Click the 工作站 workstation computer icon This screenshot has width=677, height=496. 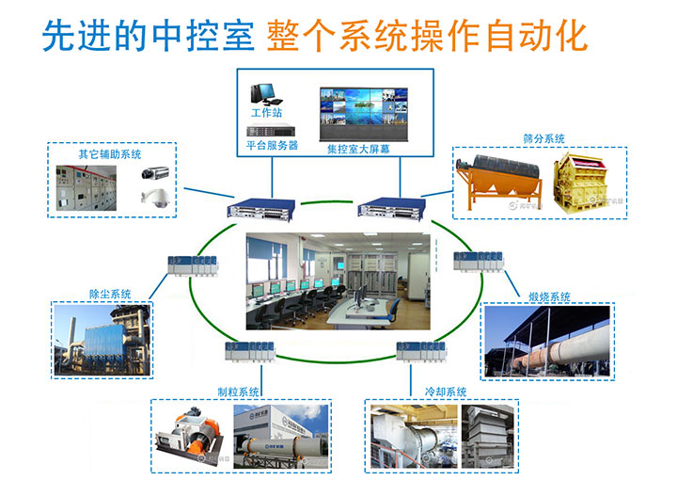pyautogui.click(x=266, y=94)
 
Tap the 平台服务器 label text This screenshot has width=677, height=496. pyautogui.click(x=272, y=145)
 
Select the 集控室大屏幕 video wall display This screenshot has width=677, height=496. pyautogui.click(x=364, y=114)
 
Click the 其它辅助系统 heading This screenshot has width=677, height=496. pyautogui.click(x=110, y=154)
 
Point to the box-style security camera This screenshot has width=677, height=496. pyautogui.click(x=155, y=173)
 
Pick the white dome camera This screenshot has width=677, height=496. pyautogui.click(x=156, y=197)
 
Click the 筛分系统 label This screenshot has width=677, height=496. pyautogui.click(x=543, y=138)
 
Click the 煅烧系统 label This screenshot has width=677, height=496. pyautogui.click(x=549, y=296)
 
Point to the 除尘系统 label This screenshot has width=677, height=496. pyautogui.click(x=110, y=295)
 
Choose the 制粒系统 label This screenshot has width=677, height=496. pyautogui.click(x=238, y=392)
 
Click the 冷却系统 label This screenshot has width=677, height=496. pyautogui.click(x=446, y=392)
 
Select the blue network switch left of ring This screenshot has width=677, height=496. pyautogui.click(x=261, y=209)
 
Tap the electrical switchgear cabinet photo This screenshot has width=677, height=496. pyautogui.click(x=87, y=188)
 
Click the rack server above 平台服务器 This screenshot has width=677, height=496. pyautogui.click(x=271, y=131)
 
